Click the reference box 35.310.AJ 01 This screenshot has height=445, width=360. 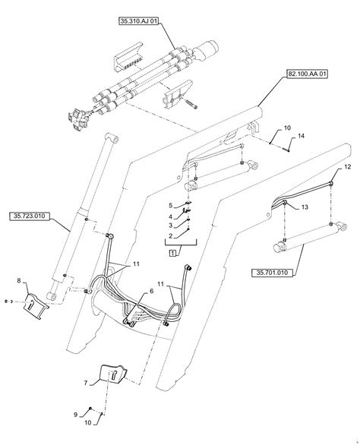[x=138, y=21]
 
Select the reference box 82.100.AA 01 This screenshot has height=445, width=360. [x=308, y=74]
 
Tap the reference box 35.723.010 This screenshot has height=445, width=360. [x=30, y=216]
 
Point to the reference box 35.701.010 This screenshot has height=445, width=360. [x=272, y=273]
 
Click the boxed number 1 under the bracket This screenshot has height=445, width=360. [x=172, y=253]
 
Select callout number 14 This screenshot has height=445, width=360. [x=301, y=136]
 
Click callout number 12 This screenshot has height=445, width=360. [x=348, y=166]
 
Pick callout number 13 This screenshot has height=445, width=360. [x=305, y=207]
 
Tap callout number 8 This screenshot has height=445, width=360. [x=19, y=281]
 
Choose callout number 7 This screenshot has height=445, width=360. [x=86, y=383]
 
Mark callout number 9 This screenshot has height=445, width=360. [x=75, y=415]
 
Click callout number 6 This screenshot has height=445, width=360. [x=151, y=291]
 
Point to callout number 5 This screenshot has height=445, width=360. [x=171, y=205]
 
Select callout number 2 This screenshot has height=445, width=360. [x=171, y=236]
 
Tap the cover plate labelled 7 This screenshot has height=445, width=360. [x=113, y=375]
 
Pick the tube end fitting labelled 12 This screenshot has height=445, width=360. [x=331, y=184]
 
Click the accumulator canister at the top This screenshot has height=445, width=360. [x=206, y=51]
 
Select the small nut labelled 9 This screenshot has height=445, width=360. [x=90, y=408]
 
